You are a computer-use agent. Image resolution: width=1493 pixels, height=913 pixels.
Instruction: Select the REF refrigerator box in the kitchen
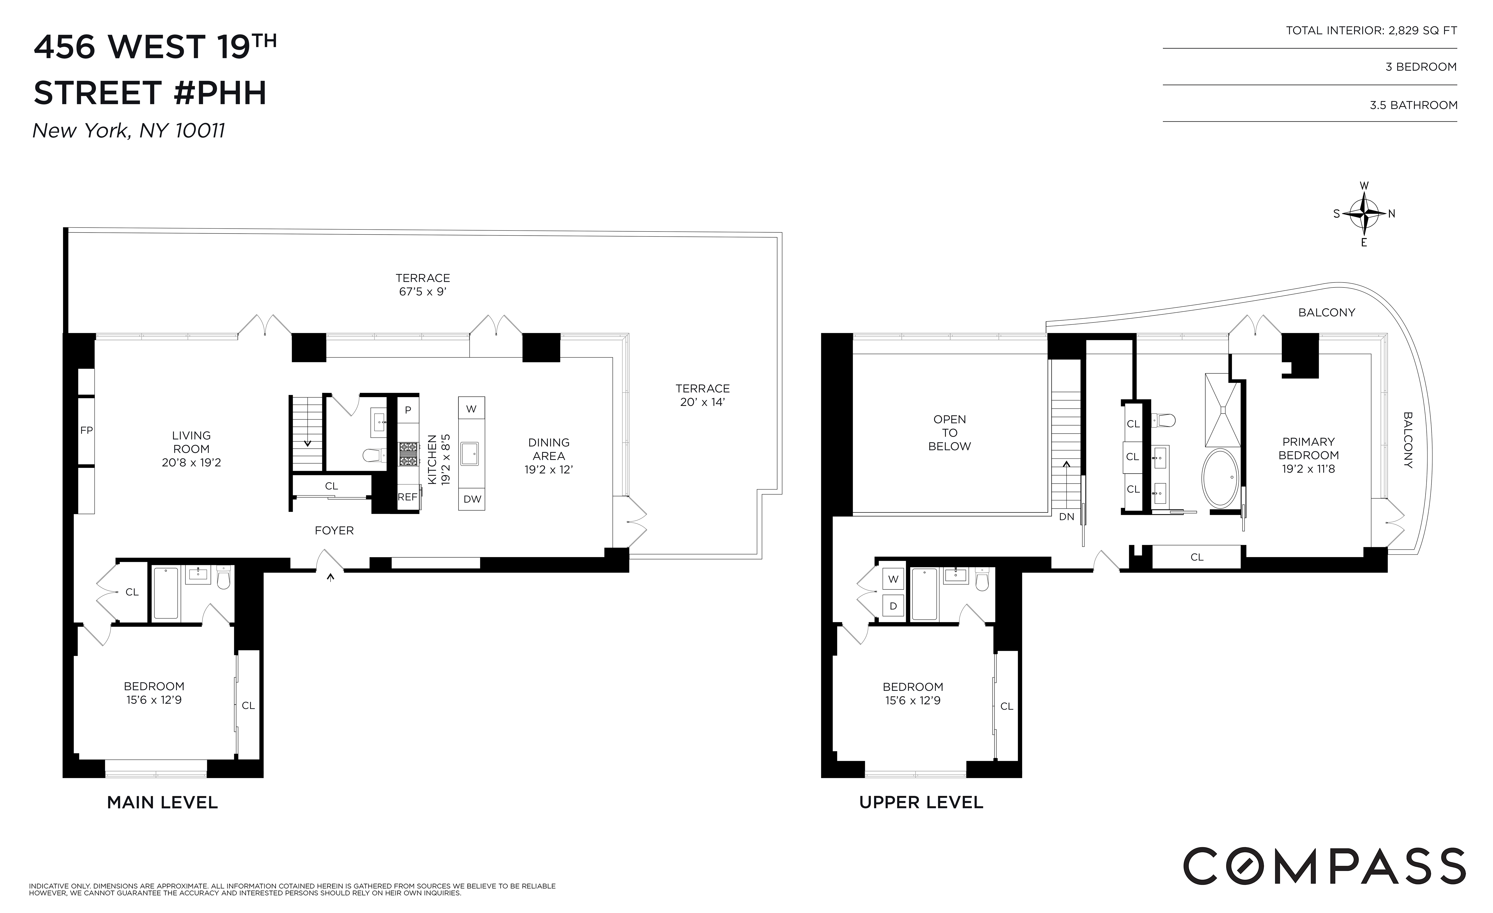click(407, 497)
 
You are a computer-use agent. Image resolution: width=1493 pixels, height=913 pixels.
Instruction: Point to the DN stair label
click(1066, 517)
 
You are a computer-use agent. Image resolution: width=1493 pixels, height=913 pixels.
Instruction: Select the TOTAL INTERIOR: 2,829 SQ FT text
click(1371, 30)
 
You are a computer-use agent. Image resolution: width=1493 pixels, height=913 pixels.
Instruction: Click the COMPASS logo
click(1324, 866)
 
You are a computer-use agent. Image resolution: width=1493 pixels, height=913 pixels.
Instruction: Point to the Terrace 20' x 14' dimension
click(702, 402)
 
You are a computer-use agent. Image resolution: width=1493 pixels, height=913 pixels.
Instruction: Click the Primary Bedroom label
click(1308, 448)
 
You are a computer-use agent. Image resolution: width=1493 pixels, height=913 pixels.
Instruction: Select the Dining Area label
click(548, 449)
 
